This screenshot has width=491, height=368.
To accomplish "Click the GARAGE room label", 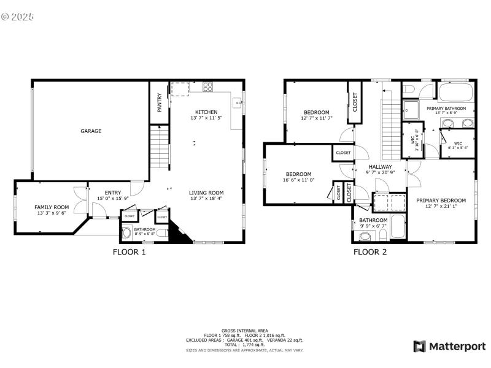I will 91,131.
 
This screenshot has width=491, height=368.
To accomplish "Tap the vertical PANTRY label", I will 160,102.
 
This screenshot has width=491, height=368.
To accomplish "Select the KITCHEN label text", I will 206,112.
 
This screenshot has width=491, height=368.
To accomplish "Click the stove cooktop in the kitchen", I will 207,86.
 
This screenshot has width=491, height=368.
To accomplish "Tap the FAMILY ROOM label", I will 52,207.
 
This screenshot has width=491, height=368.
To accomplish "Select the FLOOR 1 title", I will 130,251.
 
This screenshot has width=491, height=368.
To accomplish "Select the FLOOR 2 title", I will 369,251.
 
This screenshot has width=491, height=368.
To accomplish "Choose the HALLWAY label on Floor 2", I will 380,167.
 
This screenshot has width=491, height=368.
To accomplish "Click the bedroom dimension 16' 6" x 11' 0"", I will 298,180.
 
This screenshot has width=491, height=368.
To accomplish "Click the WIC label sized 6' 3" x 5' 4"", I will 457,144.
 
